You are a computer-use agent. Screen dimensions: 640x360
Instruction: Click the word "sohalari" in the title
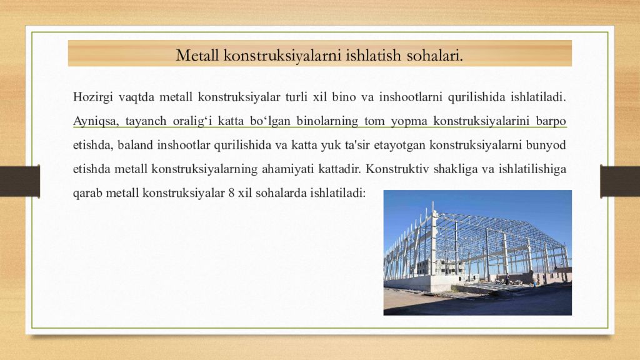click(435, 55)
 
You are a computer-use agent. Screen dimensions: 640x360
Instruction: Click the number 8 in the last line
click(231, 192)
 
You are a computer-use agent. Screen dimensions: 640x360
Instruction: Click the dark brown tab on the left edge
click(19, 181)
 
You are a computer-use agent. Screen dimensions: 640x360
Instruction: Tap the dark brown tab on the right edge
click(619, 181)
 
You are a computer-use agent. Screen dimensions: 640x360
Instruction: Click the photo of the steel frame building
click(477, 252)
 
